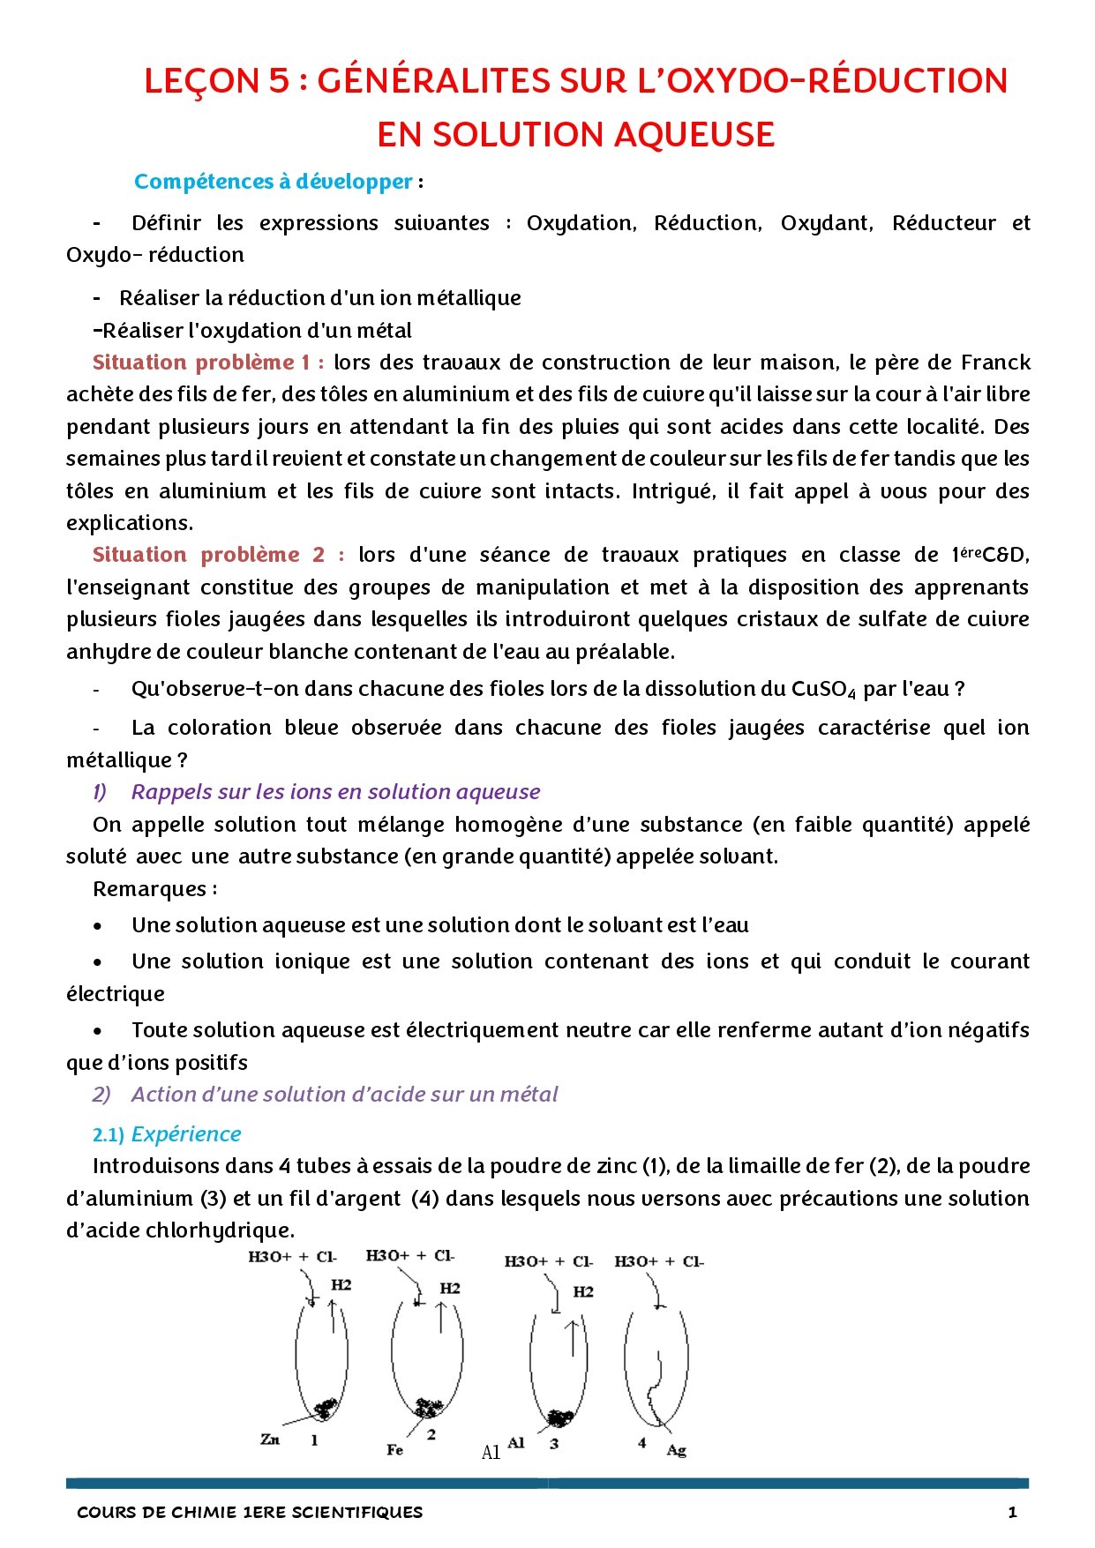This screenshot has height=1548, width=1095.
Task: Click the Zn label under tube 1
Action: coord(270,1439)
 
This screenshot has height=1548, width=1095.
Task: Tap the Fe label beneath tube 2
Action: coord(395,1449)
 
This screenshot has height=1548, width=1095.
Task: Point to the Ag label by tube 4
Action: coord(676,1450)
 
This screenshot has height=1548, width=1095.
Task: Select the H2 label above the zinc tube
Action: coord(341,1285)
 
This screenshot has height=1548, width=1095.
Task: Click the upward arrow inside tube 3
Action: coord(574,1337)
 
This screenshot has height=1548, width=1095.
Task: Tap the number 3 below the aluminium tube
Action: coord(554,1444)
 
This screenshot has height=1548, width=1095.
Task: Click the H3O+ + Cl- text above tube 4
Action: coord(659,1261)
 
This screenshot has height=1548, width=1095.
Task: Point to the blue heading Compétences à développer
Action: coord(274,182)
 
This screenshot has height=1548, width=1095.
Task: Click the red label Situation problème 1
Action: coord(208,363)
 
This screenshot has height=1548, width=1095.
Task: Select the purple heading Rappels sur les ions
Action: coord(335,792)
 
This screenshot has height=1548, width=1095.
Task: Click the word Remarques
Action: coord(150,889)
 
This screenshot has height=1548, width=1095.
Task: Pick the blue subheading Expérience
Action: coord(186,1134)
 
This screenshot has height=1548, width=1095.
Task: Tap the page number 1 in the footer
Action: coord(1012,1512)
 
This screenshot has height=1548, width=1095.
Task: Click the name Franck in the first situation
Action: coord(995,363)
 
